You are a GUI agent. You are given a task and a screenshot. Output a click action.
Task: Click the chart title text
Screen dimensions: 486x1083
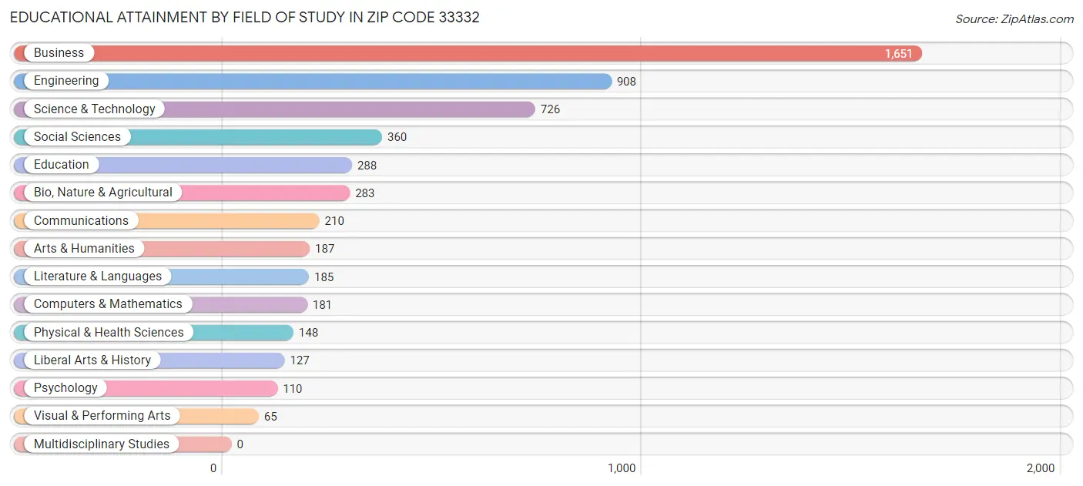[x=244, y=17]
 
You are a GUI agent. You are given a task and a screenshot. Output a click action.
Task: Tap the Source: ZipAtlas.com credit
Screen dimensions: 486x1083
[x=1014, y=19]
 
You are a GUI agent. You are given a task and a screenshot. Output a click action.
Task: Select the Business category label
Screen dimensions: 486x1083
[x=59, y=53]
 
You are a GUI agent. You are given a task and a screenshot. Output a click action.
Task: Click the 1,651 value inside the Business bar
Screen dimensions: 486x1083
[x=898, y=54]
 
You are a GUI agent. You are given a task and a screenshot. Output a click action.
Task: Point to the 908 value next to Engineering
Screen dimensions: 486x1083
[x=626, y=82]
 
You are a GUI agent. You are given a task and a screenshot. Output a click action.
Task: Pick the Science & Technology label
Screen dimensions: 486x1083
[x=94, y=109]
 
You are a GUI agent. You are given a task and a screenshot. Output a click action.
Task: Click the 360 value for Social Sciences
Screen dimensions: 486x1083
[x=397, y=137]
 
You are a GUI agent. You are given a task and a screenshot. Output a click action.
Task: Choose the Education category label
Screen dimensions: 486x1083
[x=61, y=165]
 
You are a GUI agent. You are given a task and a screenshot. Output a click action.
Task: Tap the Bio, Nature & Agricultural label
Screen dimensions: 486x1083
[x=102, y=193]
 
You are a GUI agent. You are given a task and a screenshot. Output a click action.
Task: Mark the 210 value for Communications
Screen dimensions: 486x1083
[x=334, y=221]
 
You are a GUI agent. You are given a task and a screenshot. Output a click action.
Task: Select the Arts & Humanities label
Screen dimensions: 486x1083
[x=84, y=249]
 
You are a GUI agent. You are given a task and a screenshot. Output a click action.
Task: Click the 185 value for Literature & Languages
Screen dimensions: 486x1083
[x=324, y=277]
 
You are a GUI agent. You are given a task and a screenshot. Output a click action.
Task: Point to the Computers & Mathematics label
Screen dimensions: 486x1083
[x=108, y=304]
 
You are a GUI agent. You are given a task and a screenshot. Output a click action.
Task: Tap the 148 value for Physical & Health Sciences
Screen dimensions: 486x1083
[x=308, y=333]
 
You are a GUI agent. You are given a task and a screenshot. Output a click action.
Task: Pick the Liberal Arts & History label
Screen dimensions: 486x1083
[x=92, y=360]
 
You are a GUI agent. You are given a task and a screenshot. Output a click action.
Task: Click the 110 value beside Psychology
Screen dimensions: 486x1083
[x=293, y=388]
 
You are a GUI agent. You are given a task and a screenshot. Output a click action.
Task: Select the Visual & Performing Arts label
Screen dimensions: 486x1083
[x=102, y=416]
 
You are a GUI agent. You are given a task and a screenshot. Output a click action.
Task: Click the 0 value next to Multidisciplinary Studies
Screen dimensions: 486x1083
[x=240, y=444]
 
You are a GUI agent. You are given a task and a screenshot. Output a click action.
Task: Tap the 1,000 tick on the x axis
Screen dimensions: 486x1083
[x=622, y=468]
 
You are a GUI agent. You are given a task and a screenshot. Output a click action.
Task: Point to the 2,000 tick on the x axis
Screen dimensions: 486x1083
[x=1041, y=468]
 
